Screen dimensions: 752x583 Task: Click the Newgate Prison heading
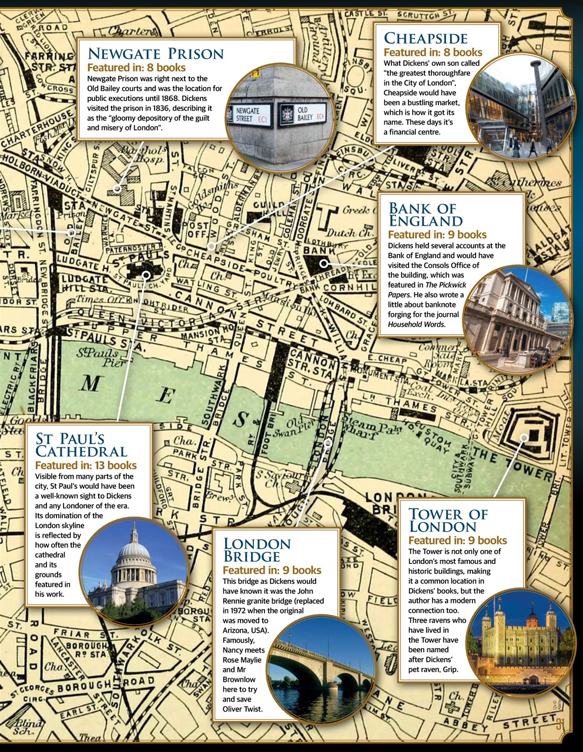pyautogui.click(x=156, y=54)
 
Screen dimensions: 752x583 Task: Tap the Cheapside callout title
pyautogui.click(x=425, y=39)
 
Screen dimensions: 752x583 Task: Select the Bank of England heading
pyautogui.click(x=425, y=214)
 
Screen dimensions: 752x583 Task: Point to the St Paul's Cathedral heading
pyautogui.click(x=81, y=445)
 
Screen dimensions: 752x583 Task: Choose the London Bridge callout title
pyautogui.click(x=257, y=550)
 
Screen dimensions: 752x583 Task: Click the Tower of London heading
pyautogui.click(x=448, y=520)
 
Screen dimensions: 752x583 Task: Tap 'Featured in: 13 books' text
pyautogui.click(x=86, y=465)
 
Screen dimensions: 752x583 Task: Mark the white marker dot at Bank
pyautogui.click(x=323, y=263)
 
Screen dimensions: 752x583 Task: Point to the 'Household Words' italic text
pyautogui.click(x=417, y=324)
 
